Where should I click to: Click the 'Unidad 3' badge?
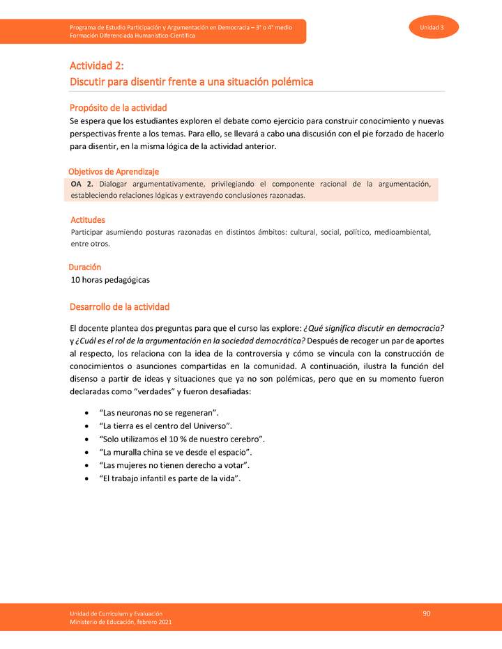[433, 26]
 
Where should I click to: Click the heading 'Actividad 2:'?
[96, 66]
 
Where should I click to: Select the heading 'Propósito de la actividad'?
[118, 107]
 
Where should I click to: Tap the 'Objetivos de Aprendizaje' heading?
[114, 171]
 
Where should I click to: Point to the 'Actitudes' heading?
[88, 220]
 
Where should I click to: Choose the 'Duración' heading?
[85, 267]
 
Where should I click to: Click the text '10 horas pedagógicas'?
[110, 280]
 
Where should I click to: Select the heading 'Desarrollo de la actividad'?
[119, 307]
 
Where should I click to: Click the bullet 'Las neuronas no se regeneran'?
[160, 414]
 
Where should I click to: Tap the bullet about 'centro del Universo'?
[167, 426]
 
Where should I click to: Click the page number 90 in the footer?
[426, 613]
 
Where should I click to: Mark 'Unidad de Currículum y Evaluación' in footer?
[116, 613]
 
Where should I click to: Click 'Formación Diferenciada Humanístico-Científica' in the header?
[132, 36]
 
